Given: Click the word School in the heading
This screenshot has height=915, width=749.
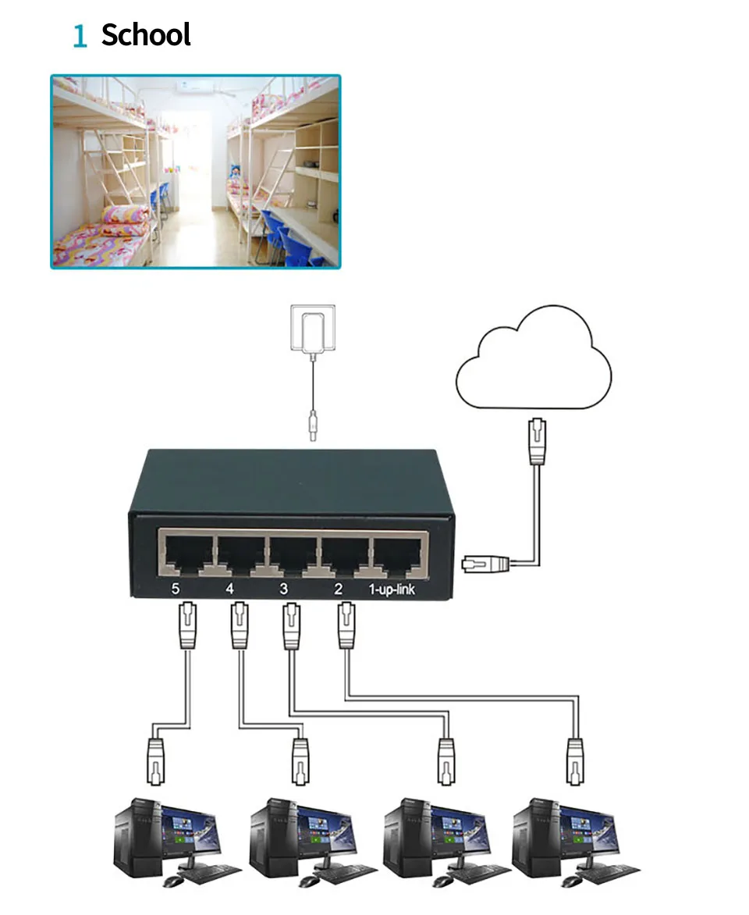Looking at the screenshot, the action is (146, 34).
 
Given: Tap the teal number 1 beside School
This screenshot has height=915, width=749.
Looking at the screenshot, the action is (80, 36).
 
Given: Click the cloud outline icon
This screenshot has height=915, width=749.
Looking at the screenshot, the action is (533, 357).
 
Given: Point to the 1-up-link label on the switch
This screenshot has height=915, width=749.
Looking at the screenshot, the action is (392, 589).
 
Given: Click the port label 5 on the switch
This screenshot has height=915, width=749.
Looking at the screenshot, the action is (175, 589).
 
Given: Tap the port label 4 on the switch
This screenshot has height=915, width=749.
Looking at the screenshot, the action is (229, 589).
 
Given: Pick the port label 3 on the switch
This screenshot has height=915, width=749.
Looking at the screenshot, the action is (283, 589).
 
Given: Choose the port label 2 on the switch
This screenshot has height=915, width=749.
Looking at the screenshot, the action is (339, 589).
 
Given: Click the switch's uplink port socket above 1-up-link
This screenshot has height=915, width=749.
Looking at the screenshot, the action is (398, 557).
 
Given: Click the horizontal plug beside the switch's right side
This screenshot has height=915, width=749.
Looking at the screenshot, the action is (485, 564).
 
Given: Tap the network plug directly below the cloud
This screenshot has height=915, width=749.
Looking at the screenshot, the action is (538, 441).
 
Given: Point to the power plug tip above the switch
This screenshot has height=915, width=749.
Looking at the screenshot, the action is (313, 425).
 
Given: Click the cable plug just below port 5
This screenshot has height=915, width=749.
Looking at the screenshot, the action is (187, 626).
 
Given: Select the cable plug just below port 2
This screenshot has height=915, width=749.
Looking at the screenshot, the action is (346, 626).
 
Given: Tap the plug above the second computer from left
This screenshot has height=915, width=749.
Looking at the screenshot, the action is (300, 761).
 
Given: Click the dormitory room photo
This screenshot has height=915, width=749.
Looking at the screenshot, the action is (195, 172).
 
